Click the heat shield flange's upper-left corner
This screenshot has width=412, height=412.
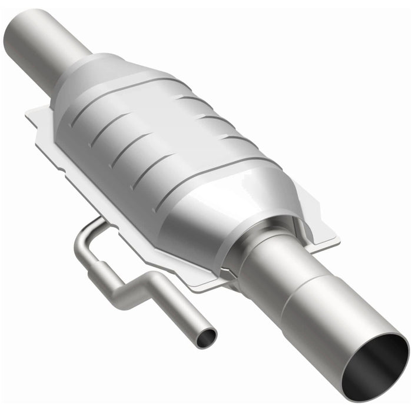click(31, 112)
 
